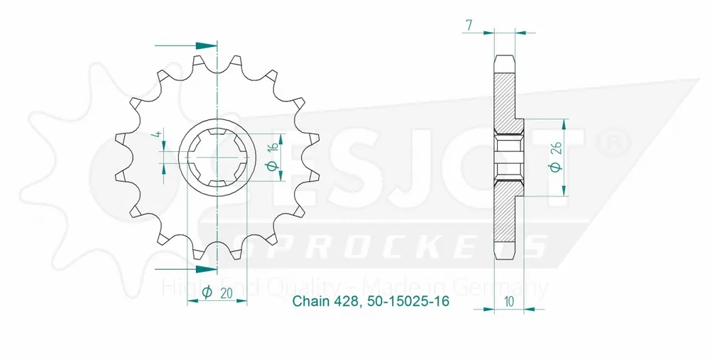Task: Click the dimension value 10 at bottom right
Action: (x=509, y=301)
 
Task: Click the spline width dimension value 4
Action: (x=160, y=136)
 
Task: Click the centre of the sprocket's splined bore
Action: (x=216, y=158)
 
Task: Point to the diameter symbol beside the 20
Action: (x=207, y=293)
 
